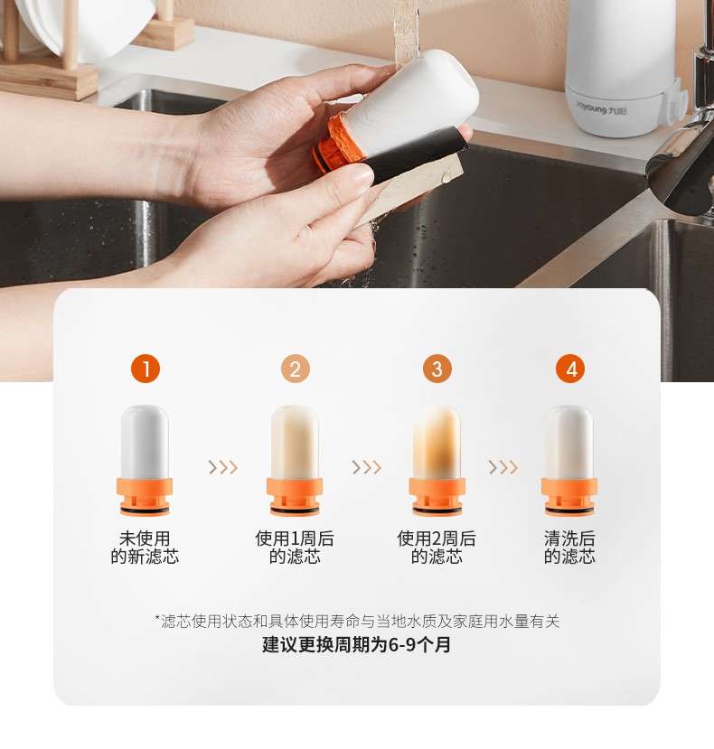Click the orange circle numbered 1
coord(146,369)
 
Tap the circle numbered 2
coord(296,369)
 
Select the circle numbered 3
coord(437,369)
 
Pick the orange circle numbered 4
coord(570,369)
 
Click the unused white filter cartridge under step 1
coord(145,460)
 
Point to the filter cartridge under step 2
coord(295,460)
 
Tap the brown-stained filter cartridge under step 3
coord(437,460)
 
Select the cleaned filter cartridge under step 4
coord(568,460)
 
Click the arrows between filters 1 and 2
coord(222,467)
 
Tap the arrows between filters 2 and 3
coord(367,467)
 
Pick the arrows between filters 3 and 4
coord(503,467)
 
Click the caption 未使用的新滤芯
coord(145,548)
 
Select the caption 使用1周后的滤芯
coord(295,548)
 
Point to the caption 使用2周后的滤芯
coord(437,548)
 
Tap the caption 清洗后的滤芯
coord(569,548)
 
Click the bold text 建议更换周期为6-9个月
coord(356,644)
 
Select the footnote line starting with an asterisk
coord(357,621)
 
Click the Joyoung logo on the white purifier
coord(601,108)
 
